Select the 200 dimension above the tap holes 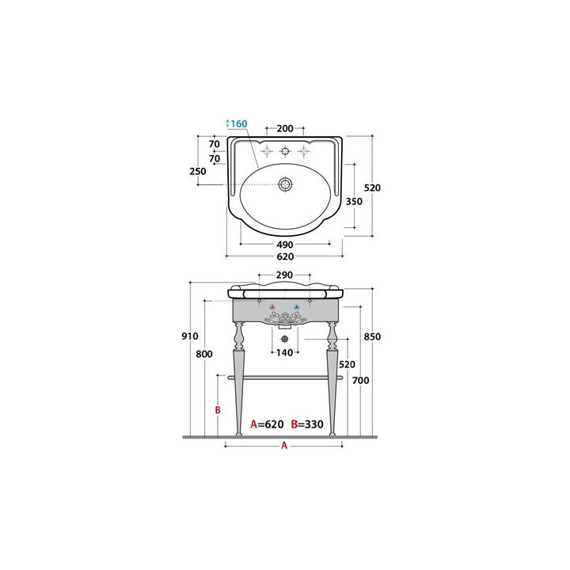(285, 128)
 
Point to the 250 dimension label (198, 171)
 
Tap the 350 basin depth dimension (354, 201)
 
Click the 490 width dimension (285, 245)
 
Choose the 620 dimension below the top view (285, 256)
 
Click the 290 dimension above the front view (284, 275)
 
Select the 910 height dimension (190, 336)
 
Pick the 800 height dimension (204, 354)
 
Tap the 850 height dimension (373, 336)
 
